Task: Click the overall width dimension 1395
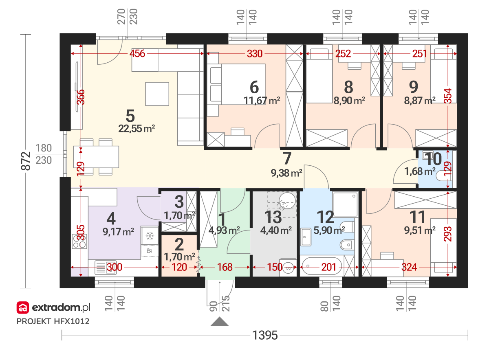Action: (x=265, y=335)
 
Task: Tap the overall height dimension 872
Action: (x=26, y=161)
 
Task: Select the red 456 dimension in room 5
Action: (x=137, y=53)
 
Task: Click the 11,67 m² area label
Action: (x=262, y=101)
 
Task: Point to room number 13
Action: (x=273, y=217)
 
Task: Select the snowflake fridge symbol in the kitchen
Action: (x=150, y=236)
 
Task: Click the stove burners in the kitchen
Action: (x=79, y=241)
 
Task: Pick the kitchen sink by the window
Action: (x=106, y=267)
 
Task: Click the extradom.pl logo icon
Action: (x=23, y=308)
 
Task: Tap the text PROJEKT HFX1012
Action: (x=53, y=321)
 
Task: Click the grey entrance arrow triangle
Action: (x=220, y=322)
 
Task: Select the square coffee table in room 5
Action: (x=157, y=94)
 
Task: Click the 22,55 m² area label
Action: (x=137, y=129)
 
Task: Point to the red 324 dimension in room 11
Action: (x=409, y=267)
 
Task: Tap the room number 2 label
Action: (x=179, y=245)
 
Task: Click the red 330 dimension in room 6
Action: (x=255, y=54)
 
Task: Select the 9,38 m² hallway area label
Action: (x=286, y=173)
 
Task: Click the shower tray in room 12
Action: (x=346, y=204)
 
